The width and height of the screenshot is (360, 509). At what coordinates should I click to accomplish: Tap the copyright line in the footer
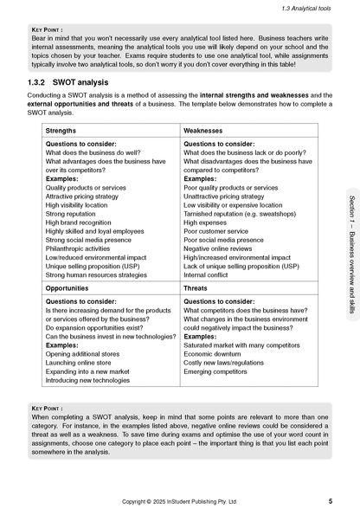point(180,500)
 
